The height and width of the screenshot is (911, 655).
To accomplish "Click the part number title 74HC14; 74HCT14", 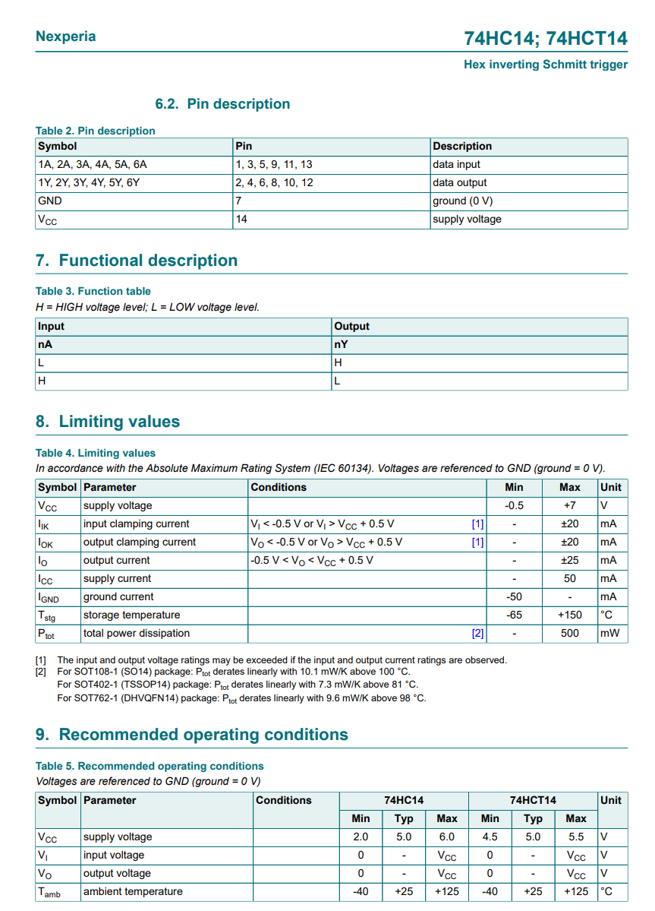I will click(x=546, y=39).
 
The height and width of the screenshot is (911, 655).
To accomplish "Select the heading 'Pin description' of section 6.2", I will click(x=222, y=104).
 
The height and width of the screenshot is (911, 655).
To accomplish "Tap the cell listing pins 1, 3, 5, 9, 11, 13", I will click(x=274, y=164).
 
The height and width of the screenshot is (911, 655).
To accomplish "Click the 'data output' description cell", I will click(x=460, y=182).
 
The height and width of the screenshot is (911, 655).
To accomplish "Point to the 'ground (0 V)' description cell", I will click(x=463, y=201).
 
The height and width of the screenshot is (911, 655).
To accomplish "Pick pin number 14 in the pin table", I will click(x=241, y=219).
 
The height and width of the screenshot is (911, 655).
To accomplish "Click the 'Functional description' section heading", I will click(x=137, y=261).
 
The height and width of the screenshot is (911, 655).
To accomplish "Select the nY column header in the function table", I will click(x=342, y=344).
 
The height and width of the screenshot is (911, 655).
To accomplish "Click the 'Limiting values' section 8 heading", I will click(x=108, y=422).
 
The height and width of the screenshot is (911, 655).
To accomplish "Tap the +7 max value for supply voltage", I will click(x=569, y=505).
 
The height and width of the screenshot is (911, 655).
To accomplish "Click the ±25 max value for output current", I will click(x=569, y=560).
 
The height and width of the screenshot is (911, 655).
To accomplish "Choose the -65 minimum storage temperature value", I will click(x=514, y=615).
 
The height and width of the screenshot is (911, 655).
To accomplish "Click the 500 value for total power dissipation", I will click(x=569, y=633).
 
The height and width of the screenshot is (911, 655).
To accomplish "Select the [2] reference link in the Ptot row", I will click(x=477, y=633).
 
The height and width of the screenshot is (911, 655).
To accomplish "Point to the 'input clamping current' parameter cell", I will click(x=137, y=524).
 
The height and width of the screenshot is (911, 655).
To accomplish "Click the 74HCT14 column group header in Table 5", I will click(x=533, y=800).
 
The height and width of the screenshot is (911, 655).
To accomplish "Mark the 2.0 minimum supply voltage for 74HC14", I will click(x=361, y=837).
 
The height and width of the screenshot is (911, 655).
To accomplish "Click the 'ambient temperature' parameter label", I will click(x=133, y=891).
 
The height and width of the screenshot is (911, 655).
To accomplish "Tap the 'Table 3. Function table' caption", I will click(x=93, y=291).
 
